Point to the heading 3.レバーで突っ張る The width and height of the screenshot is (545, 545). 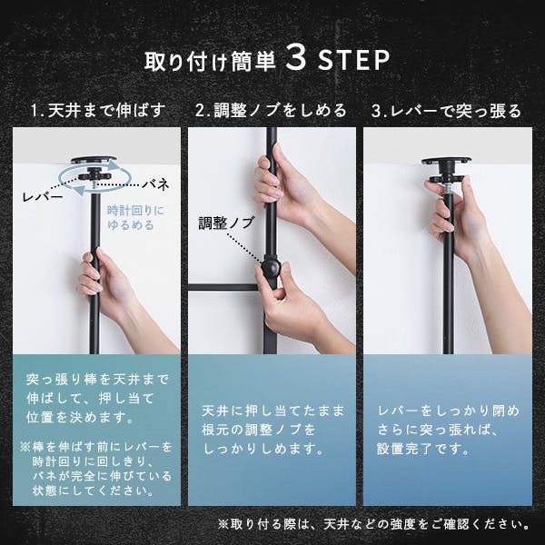pyautogui.click(x=446, y=112)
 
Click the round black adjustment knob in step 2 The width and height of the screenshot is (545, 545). pyautogui.click(x=272, y=269)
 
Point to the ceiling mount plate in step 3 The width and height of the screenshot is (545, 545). pyautogui.click(x=446, y=167)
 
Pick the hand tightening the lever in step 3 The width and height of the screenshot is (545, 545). pyautogui.click(x=454, y=218)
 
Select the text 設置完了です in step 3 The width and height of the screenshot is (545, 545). pyautogui.click(x=421, y=449)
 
